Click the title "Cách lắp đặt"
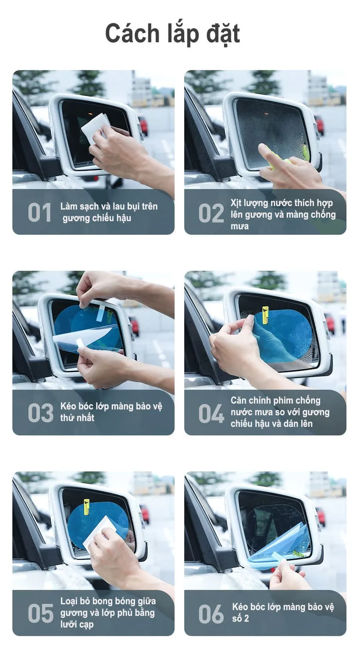coord(172,34)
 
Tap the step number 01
coord(39,212)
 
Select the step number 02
coord(211,213)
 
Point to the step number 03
coord(40,413)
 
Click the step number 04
coord(211,414)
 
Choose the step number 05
coord(40,613)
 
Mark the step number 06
coord(211,614)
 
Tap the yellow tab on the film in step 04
coord(266,315)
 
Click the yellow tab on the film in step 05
coord(86,506)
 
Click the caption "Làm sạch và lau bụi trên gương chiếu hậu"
coord(108,212)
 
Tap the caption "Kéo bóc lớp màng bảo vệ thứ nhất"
coord(111,412)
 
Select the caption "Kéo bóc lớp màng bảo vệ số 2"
coord(282,612)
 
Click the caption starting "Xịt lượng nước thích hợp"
coord(282,214)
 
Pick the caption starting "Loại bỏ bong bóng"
coord(108,612)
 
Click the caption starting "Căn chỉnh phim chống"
coord(280,412)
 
